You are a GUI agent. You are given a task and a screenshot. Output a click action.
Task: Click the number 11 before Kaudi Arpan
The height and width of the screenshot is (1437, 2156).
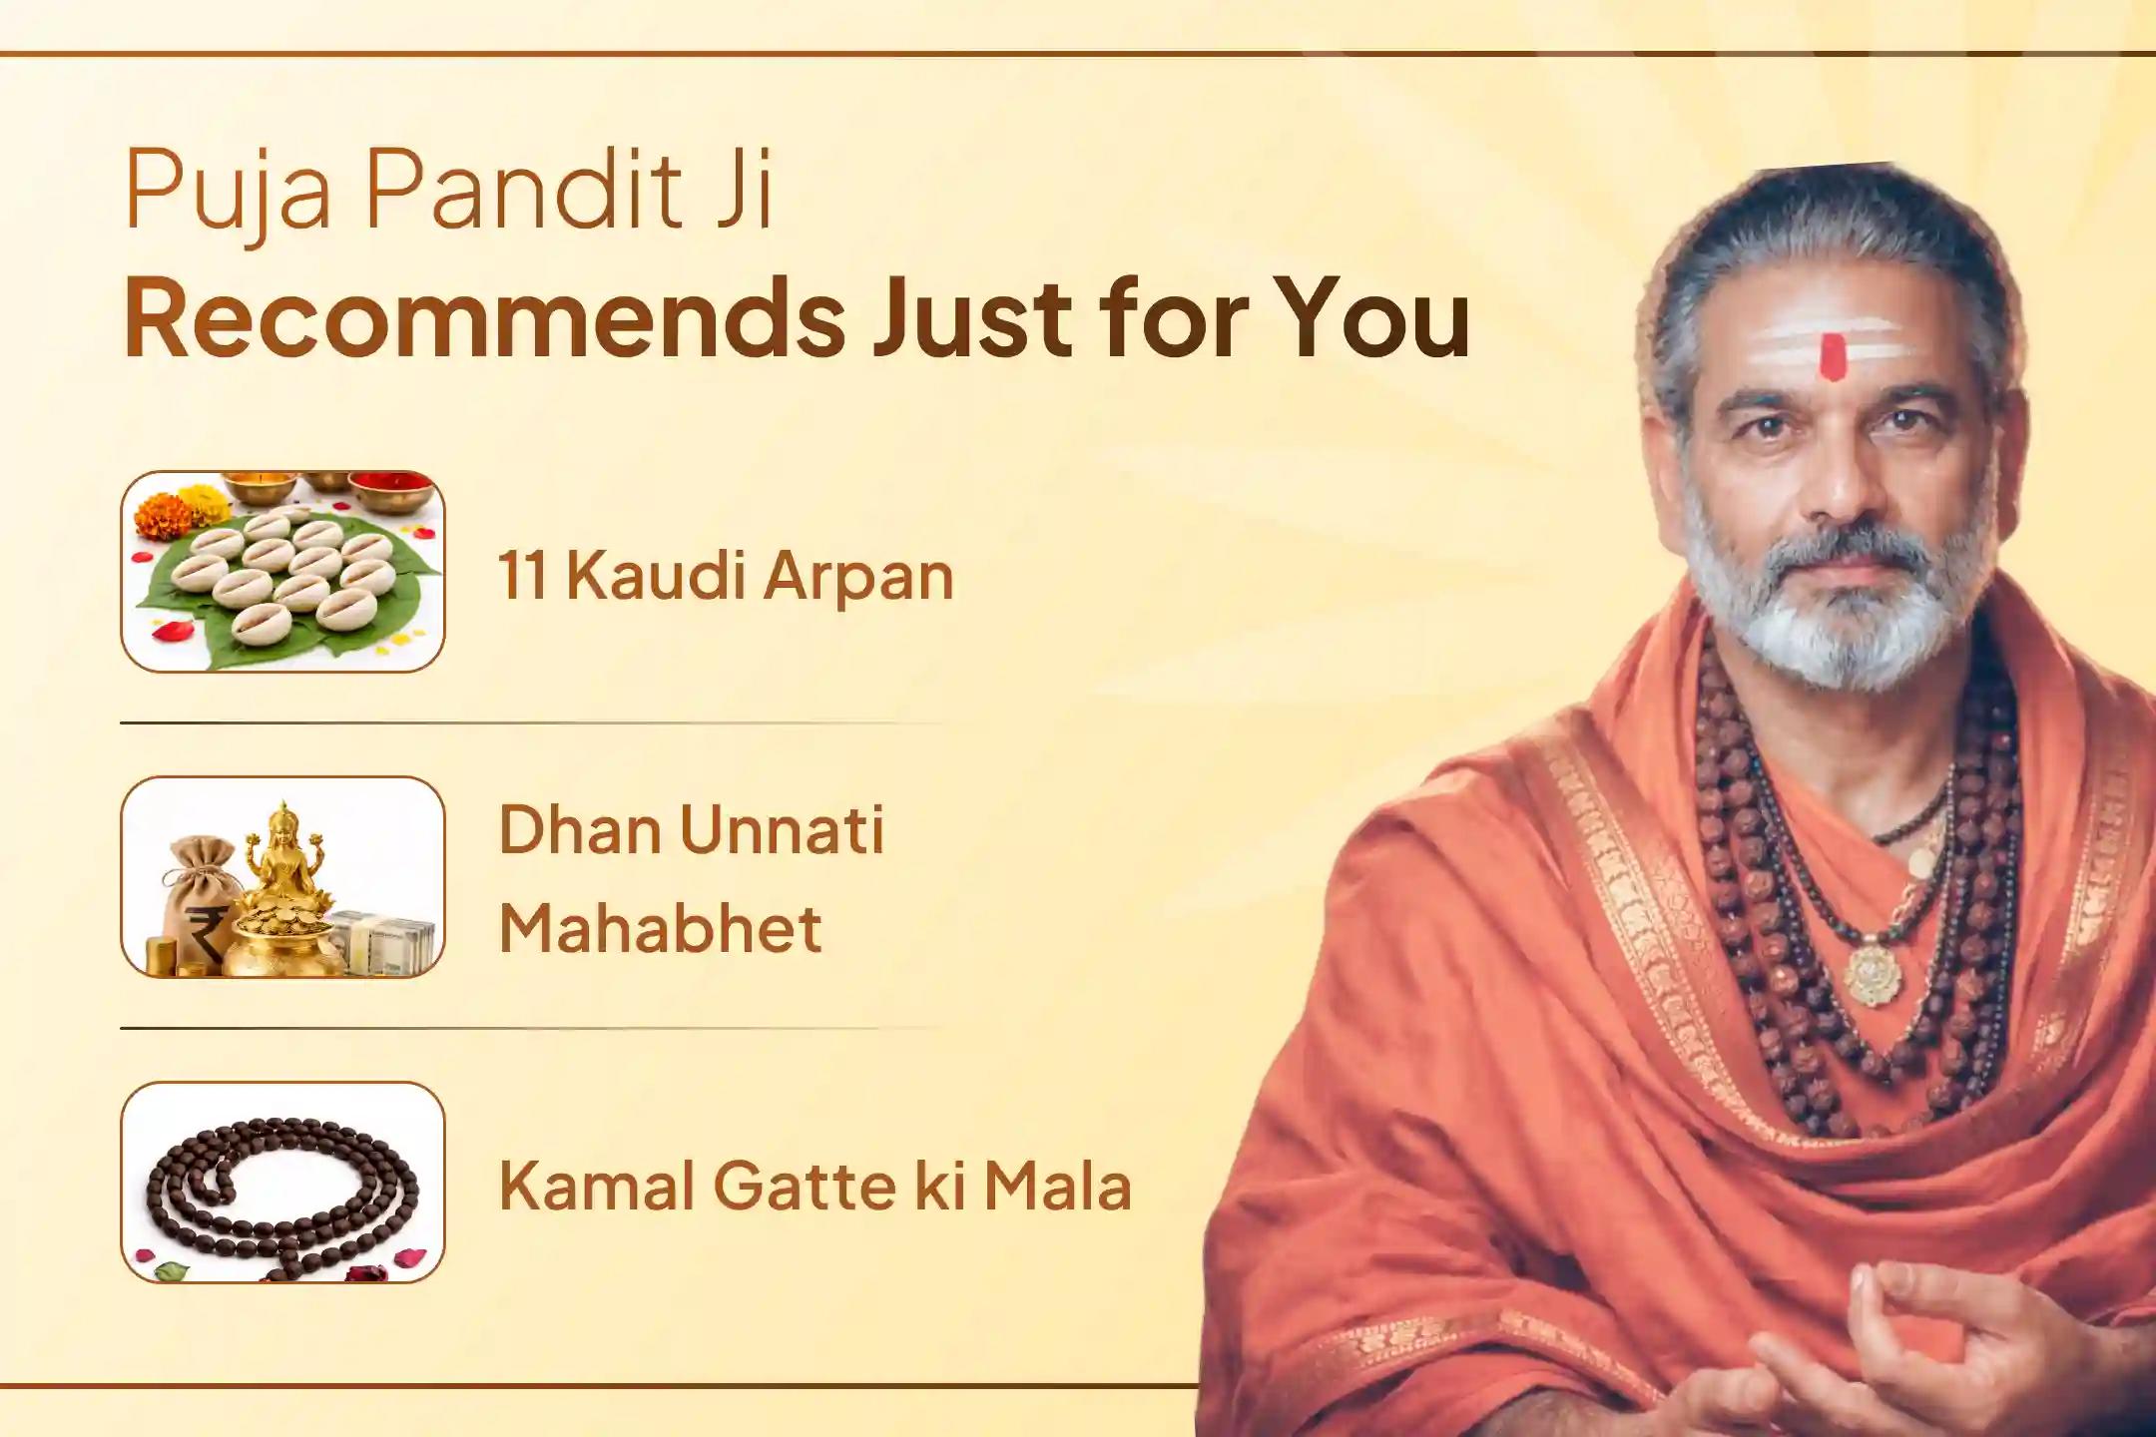[x=522, y=577]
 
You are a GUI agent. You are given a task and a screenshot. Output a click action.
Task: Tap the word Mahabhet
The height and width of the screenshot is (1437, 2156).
[x=660, y=928]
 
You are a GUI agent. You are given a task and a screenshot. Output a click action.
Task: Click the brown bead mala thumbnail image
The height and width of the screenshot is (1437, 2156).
[x=282, y=1183]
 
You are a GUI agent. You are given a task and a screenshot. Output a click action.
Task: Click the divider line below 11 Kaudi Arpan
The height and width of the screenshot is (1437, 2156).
[x=529, y=722]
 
